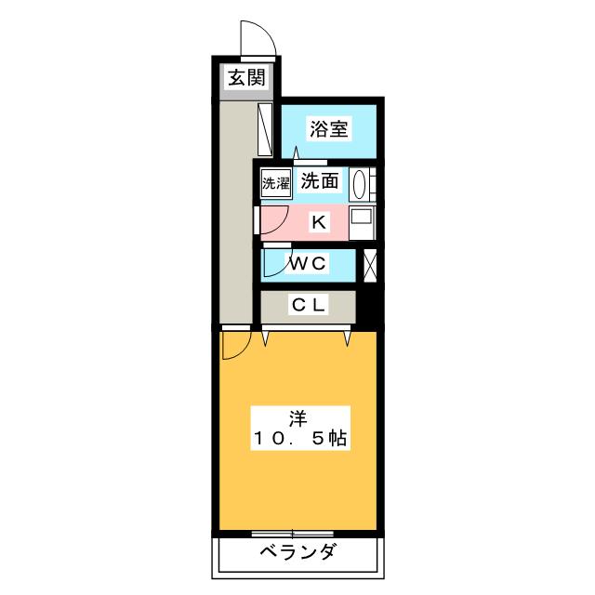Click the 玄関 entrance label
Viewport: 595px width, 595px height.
246,77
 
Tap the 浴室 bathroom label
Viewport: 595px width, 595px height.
329,128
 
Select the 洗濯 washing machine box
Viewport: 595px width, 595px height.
276,184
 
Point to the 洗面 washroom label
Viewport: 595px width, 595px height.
320,180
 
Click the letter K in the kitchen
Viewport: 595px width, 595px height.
318,222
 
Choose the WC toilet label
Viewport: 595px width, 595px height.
308,263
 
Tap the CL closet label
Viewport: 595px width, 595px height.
309,305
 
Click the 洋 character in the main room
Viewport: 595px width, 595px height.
298,419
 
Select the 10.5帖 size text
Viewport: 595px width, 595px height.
299,439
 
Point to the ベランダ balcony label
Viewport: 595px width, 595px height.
298,551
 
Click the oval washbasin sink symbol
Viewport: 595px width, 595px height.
359,184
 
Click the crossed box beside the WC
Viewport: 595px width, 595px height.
370,266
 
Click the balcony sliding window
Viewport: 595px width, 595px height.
293,534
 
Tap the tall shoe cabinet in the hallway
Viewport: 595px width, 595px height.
265,129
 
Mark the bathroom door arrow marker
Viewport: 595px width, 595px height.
296,152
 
